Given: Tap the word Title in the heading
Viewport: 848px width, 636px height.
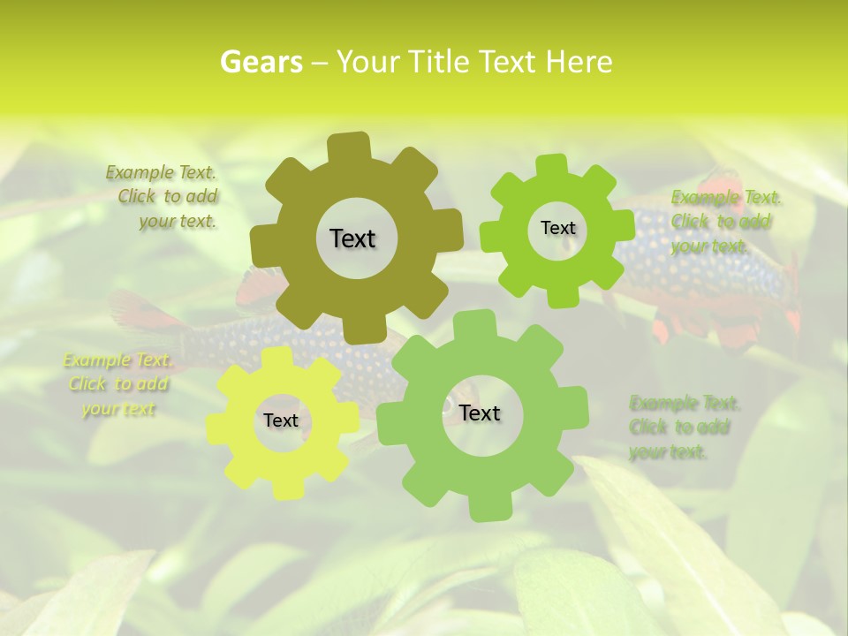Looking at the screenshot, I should tap(439, 62).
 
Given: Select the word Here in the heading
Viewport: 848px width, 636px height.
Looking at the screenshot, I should tap(579, 62).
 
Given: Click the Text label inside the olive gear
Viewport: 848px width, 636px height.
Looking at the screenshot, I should tap(352, 238).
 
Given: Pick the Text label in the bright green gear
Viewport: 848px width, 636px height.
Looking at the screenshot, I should tap(557, 228).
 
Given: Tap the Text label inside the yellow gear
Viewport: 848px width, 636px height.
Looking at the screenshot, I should tap(281, 420).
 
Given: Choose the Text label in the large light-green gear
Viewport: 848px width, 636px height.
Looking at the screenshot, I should tap(480, 413).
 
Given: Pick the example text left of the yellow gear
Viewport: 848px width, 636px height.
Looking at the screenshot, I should tap(117, 384).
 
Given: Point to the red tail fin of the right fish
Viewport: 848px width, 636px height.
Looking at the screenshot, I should tap(791, 291).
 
